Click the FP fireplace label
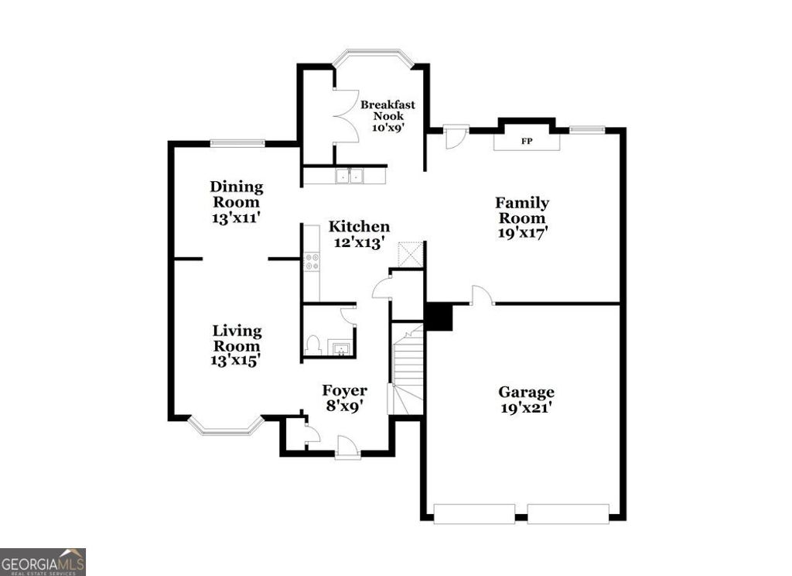pyautogui.click(x=526, y=142)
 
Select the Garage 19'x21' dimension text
pyautogui.click(x=526, y=409)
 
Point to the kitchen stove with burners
pyautogui.click(x=312, y=262)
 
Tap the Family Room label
pyautogui.click(x=522, y=211)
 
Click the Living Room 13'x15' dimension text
pyautogui.click(x=237, y=359)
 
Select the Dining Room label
pyautogui.click(x=236, y=194)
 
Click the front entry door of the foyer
pyautogui.click(x=348, y=449)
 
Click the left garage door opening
pyautogui.click(x=474, y=513)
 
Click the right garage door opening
pyautogui.click(x=568, y=513)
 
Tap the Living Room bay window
pyautogui.click(x=226, y=426)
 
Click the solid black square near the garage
pyautogui.click(x=439, y=317)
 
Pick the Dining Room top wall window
pyautogui.click(x=237, y=142)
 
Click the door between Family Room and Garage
pyautogui.click(x=481, y=296)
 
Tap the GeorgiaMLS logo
pyautogui.click(x=43, y=561)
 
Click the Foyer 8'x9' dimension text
pyautogui.click(x=344, y=403)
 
